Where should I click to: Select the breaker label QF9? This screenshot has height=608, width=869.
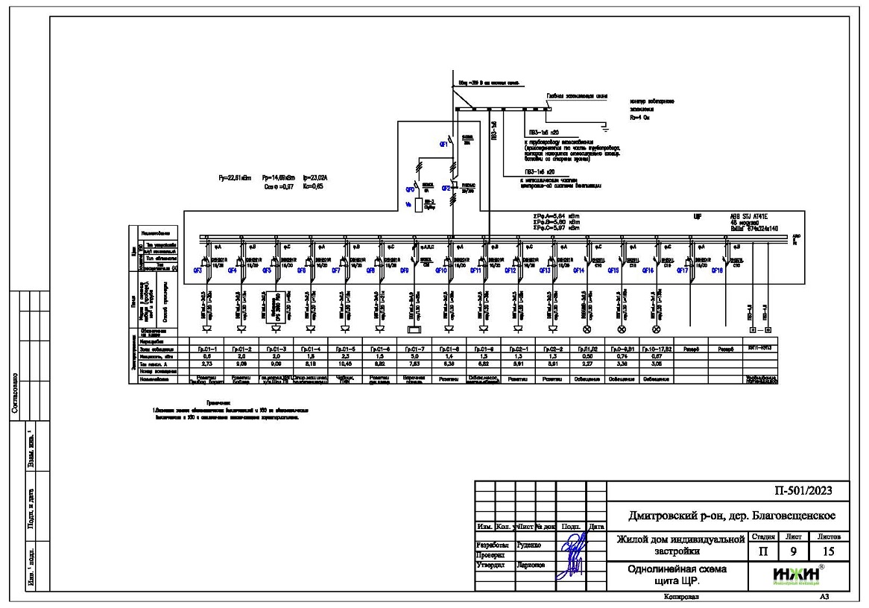tap(406, 271)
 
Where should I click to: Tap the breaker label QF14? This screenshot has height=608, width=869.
tap(578, 271)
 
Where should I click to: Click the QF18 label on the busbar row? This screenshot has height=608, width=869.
tap(717, 271)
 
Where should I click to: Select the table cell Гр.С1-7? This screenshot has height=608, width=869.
tap(415, 348)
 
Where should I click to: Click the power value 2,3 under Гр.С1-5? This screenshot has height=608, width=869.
tap(345, 356)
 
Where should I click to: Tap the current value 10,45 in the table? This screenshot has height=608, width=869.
tap(345, 364)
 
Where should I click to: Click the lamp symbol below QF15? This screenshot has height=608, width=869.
tap(621, 329)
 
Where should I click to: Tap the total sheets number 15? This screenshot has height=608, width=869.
tap(829, 552)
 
